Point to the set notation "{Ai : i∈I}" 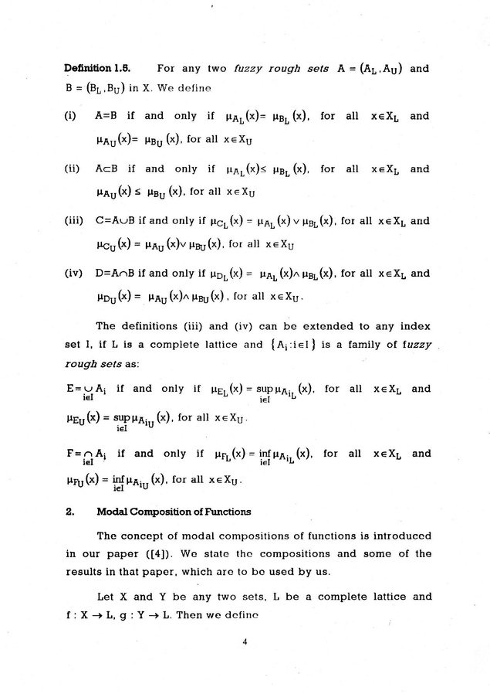pyautogui.click(x=307, y=345)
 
